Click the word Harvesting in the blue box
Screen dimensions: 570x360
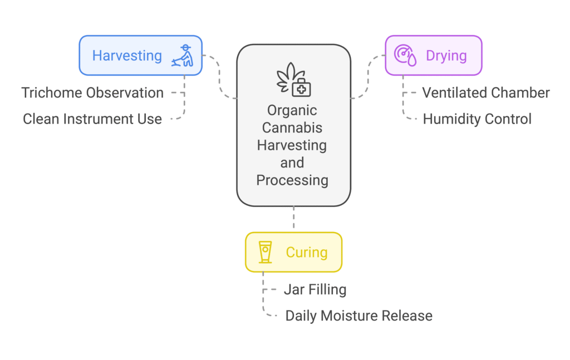(127, 56)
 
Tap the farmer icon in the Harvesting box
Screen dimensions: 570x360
(183, 56)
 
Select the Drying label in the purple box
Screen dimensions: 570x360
(446, 56)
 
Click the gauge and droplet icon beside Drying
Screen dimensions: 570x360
(405, 56)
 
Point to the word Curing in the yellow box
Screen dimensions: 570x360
(307, 253)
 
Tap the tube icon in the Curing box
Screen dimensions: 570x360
(265, 252)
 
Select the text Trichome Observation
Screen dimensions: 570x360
(92, 93)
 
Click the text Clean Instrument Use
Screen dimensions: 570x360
(92, 119)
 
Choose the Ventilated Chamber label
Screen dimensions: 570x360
(485, 93)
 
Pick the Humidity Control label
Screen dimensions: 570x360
(477, 119)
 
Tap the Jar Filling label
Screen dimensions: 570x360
(315, 290)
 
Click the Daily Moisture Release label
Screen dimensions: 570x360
(359, 316)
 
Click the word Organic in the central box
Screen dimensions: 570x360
(292, 110)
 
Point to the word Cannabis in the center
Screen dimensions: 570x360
(292, 128)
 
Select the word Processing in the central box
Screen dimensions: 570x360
(292, 180)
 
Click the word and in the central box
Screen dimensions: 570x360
(292, 162)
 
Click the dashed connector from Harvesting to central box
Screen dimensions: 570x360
(219, 76)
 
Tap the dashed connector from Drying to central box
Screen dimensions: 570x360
(368, 76)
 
